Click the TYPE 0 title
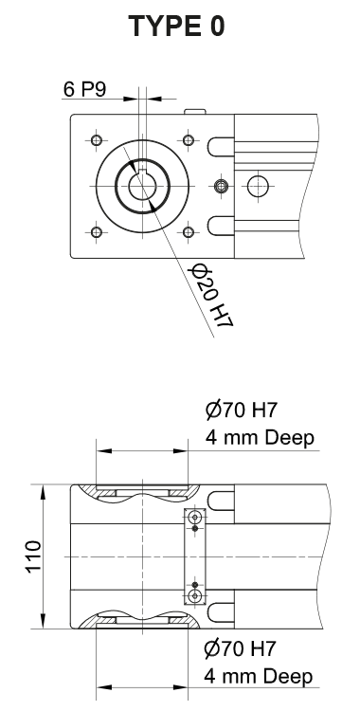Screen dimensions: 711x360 (x=179, y=27)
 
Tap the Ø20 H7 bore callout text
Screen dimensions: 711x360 (x=211, y=297)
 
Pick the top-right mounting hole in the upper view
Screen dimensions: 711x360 (x=189, y=141)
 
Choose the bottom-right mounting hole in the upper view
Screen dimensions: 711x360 (x=189, y=230)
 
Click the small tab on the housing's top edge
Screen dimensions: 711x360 (x=194, y=111)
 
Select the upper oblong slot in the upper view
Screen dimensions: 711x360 (x=220, y=146)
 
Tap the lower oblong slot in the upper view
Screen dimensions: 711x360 (x=220, y=226)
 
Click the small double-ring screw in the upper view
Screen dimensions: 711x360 (x=221, y=186)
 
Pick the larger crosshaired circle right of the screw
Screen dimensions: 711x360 (x=256, y=186)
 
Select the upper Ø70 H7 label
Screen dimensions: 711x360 (x=242, y=411)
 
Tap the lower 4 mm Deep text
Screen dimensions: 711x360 (x=259, y=677)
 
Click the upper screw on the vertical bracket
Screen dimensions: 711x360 (x=195, y=518)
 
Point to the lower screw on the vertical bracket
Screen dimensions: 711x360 (x=195, y=595)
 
